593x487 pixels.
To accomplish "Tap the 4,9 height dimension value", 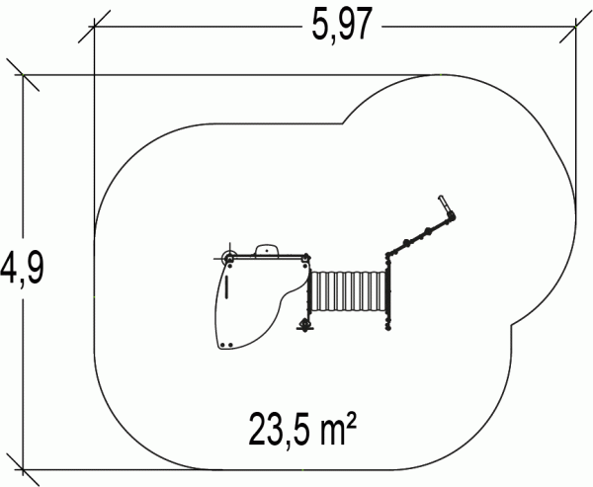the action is click(x=22, y=267).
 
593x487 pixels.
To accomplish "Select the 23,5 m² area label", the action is click(x=302, y=430).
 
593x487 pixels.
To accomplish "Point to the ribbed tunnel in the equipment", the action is click(x=348, y=290).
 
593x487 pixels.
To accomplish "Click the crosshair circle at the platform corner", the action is click(x=229, y=259).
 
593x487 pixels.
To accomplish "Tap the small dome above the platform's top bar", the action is click(x=267, y=250).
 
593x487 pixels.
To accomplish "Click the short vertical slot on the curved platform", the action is click(x=226, y=286).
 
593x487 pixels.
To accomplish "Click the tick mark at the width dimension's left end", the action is click(x=94, y=27).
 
